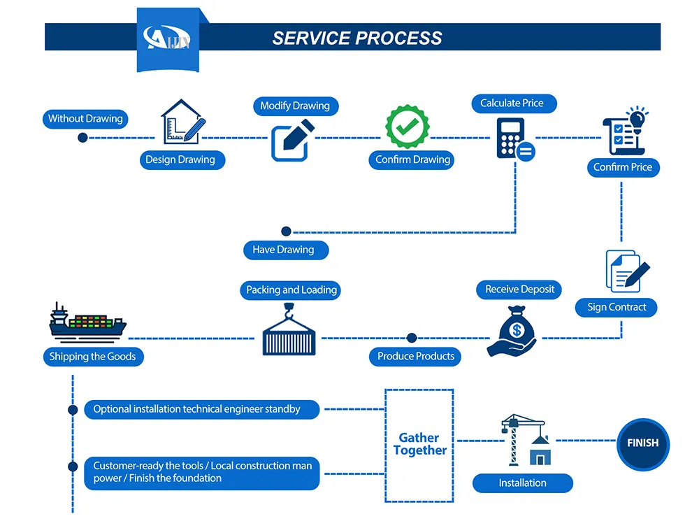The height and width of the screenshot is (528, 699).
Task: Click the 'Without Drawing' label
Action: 85,119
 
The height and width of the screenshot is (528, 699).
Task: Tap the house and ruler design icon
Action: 183,122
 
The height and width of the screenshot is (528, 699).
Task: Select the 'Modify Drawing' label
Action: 294,106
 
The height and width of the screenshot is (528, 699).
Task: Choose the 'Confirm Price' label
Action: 622,167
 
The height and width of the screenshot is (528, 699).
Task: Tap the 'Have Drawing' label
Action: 283,250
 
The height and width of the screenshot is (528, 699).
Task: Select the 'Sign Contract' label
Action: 617,307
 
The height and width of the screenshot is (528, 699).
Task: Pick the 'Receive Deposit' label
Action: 519,290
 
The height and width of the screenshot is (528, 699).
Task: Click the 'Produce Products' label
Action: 416,357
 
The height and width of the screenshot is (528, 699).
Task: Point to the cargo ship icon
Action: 87,322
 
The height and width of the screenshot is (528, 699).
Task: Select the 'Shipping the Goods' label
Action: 92,357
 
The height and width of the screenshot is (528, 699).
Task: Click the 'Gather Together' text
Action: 419,444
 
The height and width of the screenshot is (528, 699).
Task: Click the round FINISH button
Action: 642,443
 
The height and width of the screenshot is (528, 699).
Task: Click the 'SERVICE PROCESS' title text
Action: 357,38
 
